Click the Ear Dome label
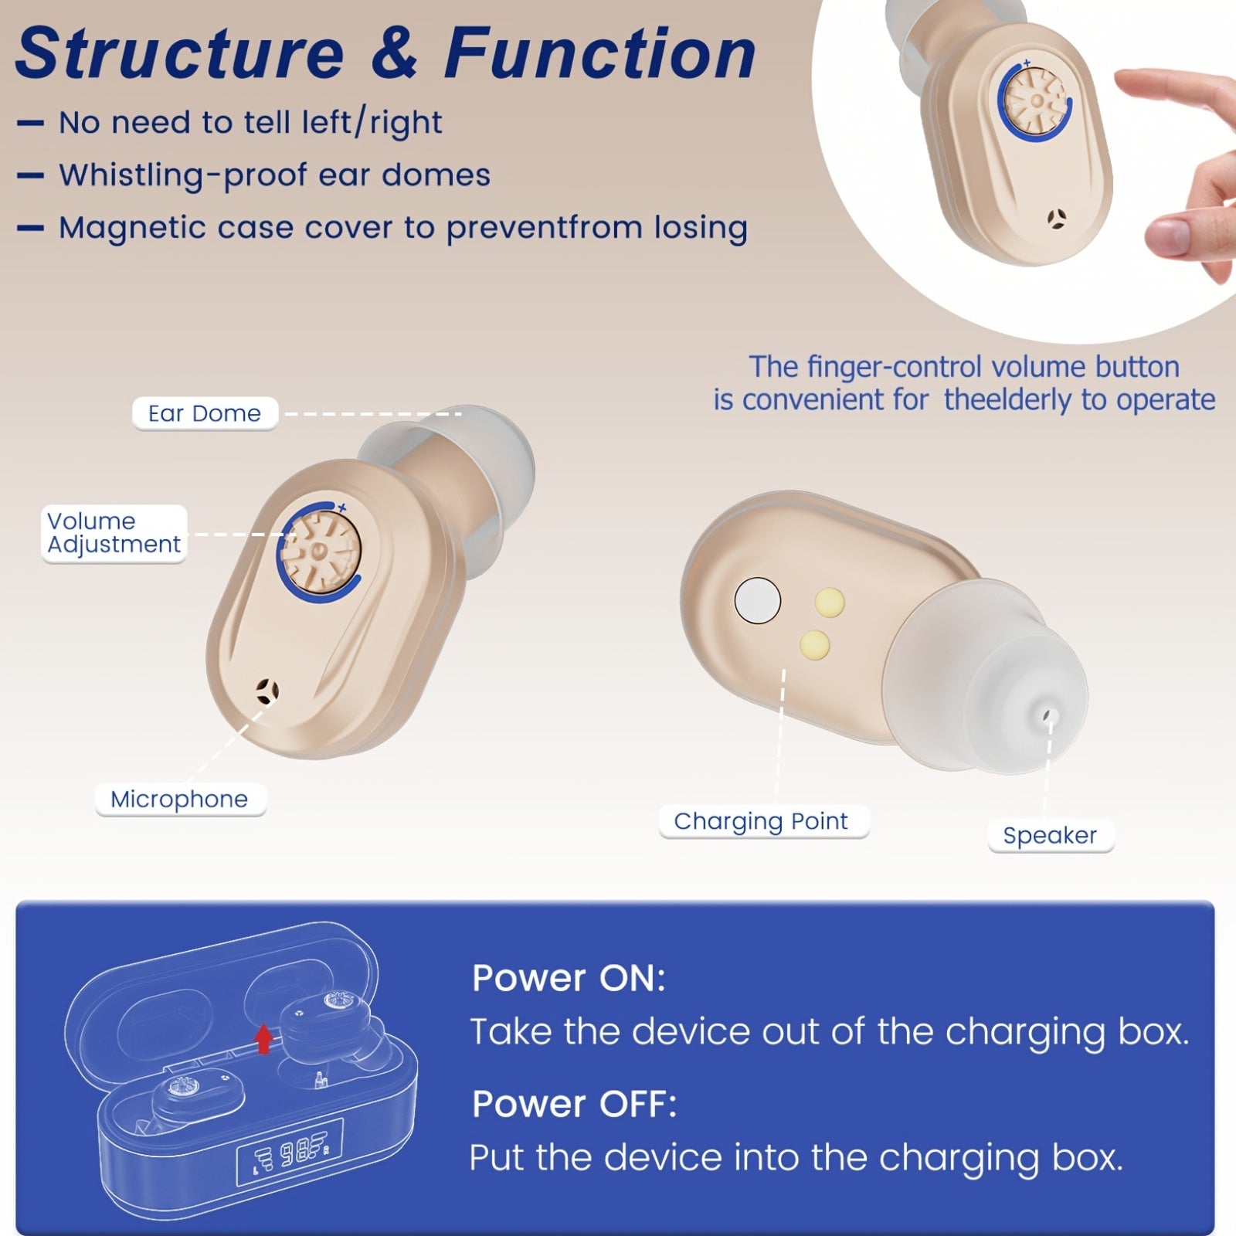pyautogui.click(x=205, y=414)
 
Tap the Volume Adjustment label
pyautogui.click(x=114, y=533)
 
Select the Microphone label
pyautogui.click(x=180, y=800)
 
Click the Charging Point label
pyautogui.click(x=762, y=821)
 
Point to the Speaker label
pyautogui.click(x=1050, y=836)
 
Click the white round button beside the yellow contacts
pyautogui.click(x=758, y=600)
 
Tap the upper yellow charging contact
pyautogui.click(x=830, y=602)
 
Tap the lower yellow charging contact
pyautogui.click(x=815, y=643)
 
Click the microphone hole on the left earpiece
pyautogui.click(x=267, y=691)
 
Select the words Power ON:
pyautogui.click(x=569, y=978)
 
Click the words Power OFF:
pyautogui.click(x=574, y=1104)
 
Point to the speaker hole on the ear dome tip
pyautogui.click(x=1048, y=715)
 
